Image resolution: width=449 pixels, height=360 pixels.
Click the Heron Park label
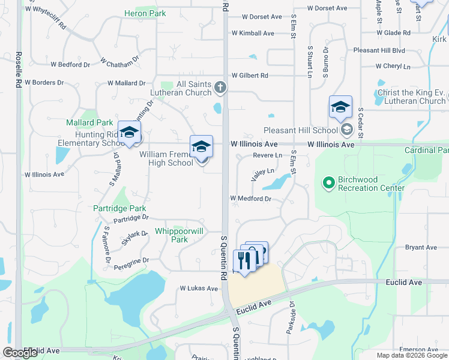(x=145, y=13)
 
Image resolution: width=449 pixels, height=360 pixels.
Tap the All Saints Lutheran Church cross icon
(x=220, y=88)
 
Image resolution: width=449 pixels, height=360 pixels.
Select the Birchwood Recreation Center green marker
(x=328, y=182)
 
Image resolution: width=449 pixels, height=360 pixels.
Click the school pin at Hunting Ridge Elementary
(x=129, y=133)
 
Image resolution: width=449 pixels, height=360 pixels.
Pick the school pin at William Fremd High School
(x=201, y=146)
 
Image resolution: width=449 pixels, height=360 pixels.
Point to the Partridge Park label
(x=119, y=208)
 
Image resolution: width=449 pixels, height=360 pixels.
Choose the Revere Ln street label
(x=267, y=155)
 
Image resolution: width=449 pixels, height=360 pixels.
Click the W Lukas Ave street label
(x=199, y=288)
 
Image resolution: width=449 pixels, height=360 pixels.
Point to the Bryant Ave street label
(x=421, y=247)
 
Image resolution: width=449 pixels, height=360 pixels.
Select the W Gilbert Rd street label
(x=248, y=76)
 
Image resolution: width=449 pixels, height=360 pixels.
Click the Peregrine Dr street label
(x=128, y=260)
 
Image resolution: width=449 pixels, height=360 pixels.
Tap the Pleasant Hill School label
(x=301, y=130)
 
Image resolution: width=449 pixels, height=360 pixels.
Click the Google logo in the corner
(x=21, y=353)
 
